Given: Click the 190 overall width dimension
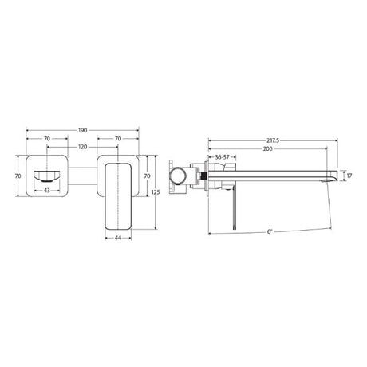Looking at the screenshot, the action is coord(82,130).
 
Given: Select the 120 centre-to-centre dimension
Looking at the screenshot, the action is coord(82,147).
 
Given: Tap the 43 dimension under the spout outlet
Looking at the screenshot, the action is coord(47,191).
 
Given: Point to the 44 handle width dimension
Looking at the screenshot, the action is coord(118,238).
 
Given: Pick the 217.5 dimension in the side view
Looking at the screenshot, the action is coord(273,140).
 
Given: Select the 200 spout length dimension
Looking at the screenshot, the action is coord(268,149).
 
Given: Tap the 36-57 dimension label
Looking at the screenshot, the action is coord(222,157).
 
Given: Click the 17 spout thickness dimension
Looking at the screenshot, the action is coord(349,176).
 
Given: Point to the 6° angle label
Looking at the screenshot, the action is coord(270,231).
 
